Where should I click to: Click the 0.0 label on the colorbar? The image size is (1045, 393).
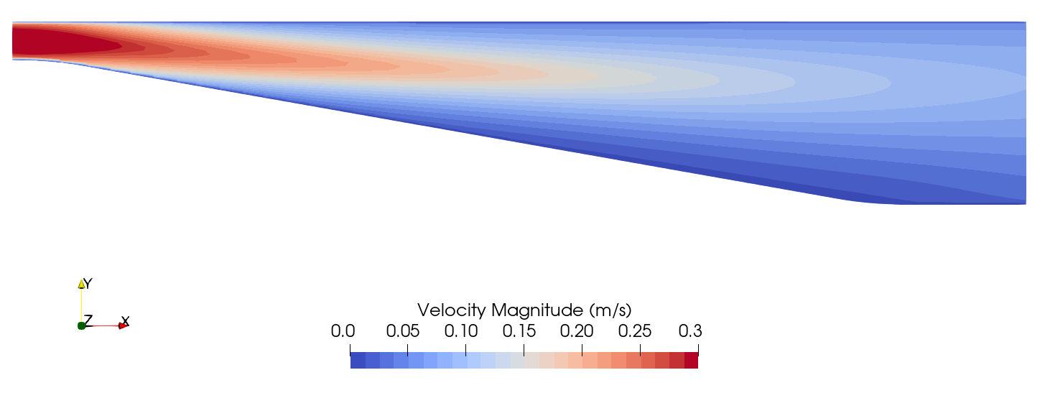pos(343,331)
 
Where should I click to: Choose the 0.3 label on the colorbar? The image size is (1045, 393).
pos(689,331)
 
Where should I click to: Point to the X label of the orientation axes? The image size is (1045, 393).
pos(125,320)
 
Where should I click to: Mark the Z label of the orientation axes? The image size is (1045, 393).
pos(88,319)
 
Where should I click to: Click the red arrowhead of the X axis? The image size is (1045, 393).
pos(123,326)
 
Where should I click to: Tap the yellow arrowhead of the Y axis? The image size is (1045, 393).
pos(82,285)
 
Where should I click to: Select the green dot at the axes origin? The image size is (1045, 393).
pos(82,326)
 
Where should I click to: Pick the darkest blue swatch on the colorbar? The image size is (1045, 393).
pos(358,361)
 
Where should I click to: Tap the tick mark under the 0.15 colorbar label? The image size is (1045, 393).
pos(524,349)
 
